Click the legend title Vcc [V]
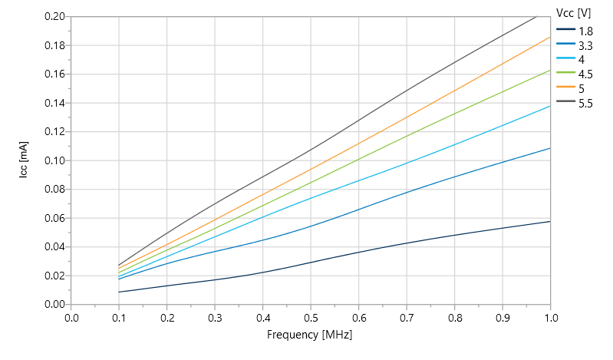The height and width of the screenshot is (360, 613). pos(573,12)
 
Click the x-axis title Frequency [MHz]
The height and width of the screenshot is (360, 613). pos(310,335)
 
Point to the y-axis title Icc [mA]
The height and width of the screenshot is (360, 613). pos(25,160)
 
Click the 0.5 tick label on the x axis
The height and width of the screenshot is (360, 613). pos(311,316)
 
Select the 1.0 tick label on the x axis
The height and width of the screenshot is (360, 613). pos(550,316)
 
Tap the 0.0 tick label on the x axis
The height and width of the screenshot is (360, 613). pos(71,316)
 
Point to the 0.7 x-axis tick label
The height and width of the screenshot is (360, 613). pos(407,316)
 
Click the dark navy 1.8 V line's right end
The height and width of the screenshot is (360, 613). pos(550,221)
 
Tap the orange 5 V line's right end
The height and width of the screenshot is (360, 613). pos(550,37)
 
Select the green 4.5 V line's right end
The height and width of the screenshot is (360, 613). pos(550,70)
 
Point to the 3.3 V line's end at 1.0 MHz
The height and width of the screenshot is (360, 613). pos(550,148)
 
